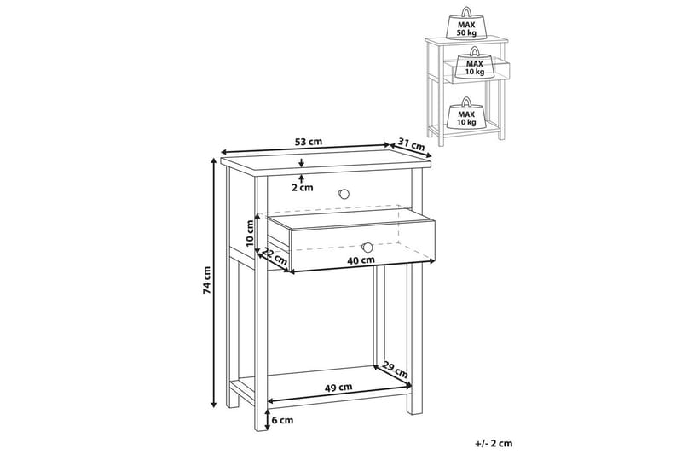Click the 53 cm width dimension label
click(x=309, y=142)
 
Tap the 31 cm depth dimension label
click(x=412, y=145)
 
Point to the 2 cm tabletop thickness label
click(x=302, y=188)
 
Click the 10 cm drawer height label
click(x=250, y=234)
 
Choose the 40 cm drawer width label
click(x=361, y=260)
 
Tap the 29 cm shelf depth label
click(x=395, y=370)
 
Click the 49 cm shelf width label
click(x=338, y=387)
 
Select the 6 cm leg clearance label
click(x=282, y=420)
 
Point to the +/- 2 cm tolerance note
click(x=494, y=444)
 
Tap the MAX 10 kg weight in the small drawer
click(x=474, y=63)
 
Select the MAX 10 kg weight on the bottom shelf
click(x=465, y=114)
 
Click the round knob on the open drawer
click(x=367, y=247)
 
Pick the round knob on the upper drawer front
click(x=344, y=193)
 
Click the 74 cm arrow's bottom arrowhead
click(x=214, y=404)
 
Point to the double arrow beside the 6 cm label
click(x=268, y=420)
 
